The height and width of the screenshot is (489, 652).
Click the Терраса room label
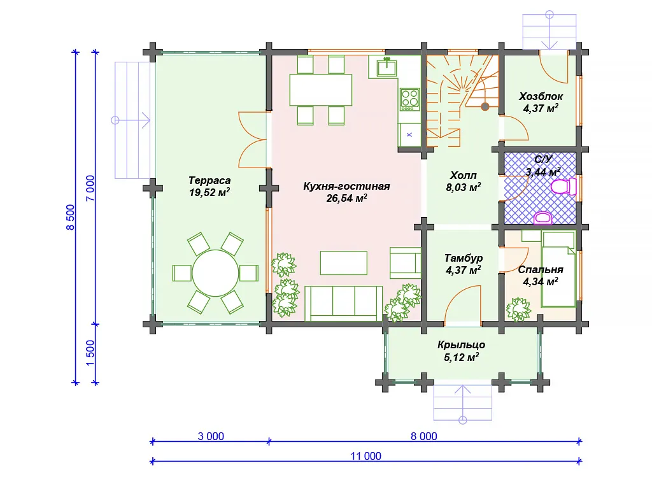point(209,181)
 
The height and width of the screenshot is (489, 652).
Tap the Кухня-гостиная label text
point(346,187)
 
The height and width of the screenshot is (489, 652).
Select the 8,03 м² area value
point(464,188)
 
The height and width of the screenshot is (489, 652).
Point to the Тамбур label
point(464,259)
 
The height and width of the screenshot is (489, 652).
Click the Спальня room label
point(541,270)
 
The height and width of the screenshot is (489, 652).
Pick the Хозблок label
point(541,97)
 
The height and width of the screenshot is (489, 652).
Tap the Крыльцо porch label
point(461,344)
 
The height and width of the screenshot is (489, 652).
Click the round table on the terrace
point(215,273)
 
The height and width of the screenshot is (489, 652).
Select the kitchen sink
point(386,67)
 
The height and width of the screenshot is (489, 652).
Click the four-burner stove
point(409,99)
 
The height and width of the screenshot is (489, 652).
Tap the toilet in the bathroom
point(563,187)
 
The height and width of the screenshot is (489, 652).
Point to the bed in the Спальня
point(558,269)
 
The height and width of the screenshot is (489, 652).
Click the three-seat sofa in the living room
point(343,304)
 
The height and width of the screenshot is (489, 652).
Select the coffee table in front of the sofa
point(343,263)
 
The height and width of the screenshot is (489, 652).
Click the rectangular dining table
point(321,90)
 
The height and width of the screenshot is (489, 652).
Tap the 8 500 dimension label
point(70,217)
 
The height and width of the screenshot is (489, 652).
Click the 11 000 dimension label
point(365,456)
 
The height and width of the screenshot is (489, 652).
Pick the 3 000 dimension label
point(211,436)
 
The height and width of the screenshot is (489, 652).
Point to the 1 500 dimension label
point(90,353)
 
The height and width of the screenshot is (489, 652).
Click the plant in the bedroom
point(518,309)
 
